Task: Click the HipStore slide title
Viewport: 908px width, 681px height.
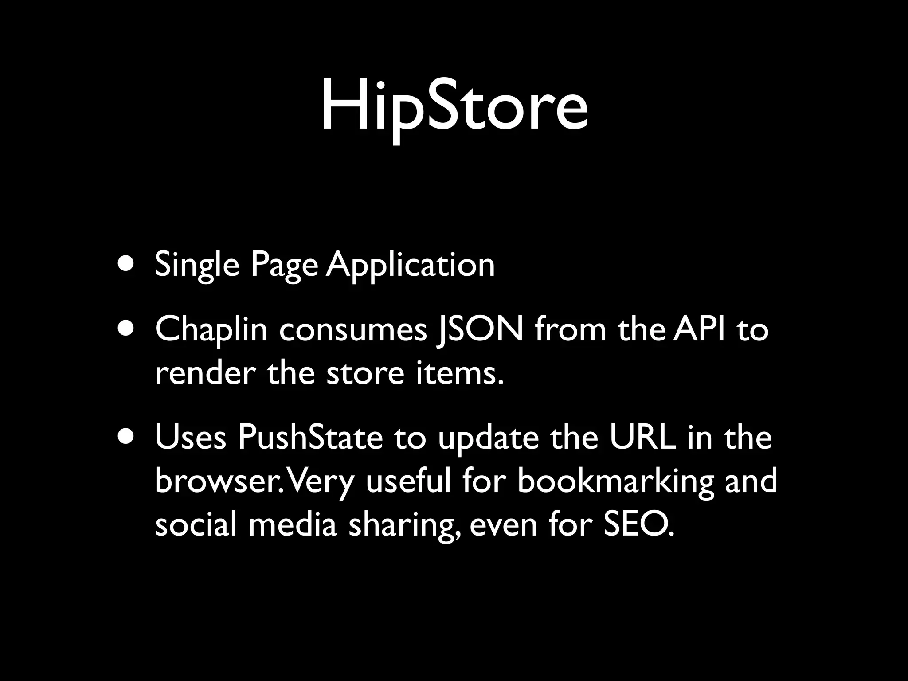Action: click(x=454, y=106)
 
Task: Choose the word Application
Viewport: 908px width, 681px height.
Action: click(x=410, y=265)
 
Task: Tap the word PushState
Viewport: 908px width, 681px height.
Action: click(x=310, y=438)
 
